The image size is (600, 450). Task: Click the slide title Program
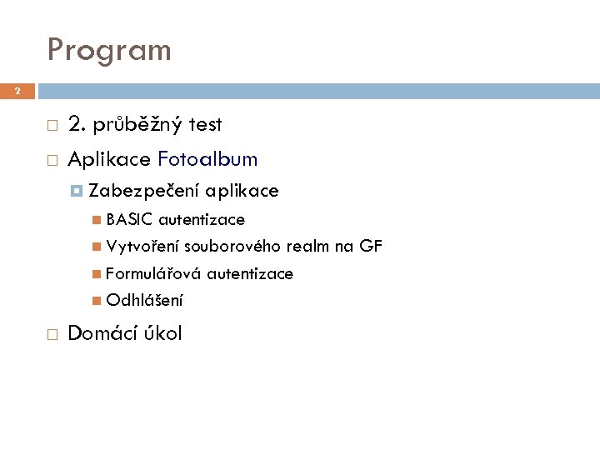(x=109, y=50)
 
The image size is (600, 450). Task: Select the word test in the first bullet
(x=205, y=125)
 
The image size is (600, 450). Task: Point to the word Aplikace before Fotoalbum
(x=109, y=159)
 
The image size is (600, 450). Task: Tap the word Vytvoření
(x=142, y=247)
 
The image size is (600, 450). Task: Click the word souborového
(x=233, y=247)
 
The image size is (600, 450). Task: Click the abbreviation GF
(x=371, y=247)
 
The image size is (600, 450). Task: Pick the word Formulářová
(x=153, y=273)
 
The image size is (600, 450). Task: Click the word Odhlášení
(x=144, y=301)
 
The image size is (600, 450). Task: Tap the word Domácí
(x=102, y=334)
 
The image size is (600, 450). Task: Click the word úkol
(x=162, y=334)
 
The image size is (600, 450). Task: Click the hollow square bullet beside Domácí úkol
(x=52, y=335)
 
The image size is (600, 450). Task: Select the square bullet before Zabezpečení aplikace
(x=77, y=192)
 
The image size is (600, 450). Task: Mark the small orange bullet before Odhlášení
(x=97, y=301)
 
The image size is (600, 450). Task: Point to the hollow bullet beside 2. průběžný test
(x=52, y=126)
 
